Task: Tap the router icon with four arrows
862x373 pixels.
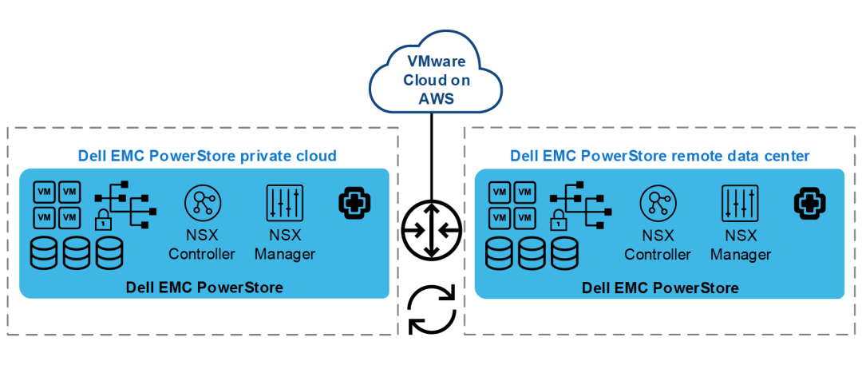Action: [432, 231]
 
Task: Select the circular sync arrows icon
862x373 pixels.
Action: [432, 309]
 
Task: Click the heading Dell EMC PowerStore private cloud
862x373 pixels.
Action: [207, 157]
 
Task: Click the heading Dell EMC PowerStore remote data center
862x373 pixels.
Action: [660, 157]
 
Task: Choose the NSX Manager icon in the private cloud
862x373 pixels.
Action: [284, 203]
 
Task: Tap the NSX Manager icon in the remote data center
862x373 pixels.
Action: [740, 203]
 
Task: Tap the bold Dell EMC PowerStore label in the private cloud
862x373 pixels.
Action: [204, 288]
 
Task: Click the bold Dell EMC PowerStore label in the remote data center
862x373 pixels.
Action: [660, 288]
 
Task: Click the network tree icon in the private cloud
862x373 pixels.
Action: [126, 204]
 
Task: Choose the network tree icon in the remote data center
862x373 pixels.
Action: [582, 204]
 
